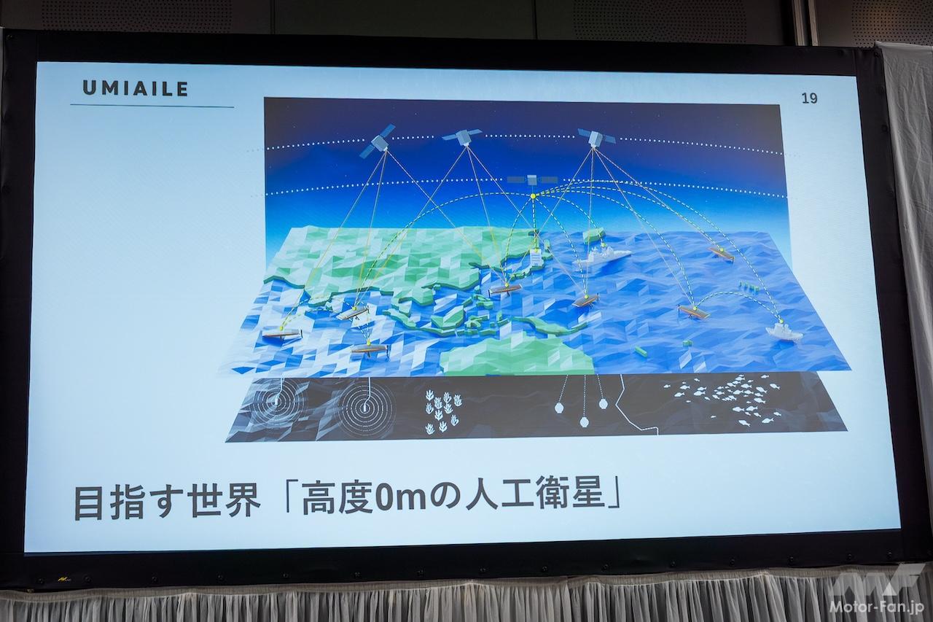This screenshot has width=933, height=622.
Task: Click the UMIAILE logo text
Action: tap(136, 88)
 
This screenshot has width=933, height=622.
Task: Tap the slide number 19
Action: tap(809, 98)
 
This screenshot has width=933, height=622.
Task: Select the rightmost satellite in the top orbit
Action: tap(597, 138)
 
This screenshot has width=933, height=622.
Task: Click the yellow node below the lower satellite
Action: tap(533, 196)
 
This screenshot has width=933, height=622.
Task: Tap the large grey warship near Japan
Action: tap(601, 260)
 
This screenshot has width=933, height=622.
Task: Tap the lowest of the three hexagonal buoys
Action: tap(585, 422)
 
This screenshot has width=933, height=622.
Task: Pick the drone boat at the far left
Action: tap(281, 335)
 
